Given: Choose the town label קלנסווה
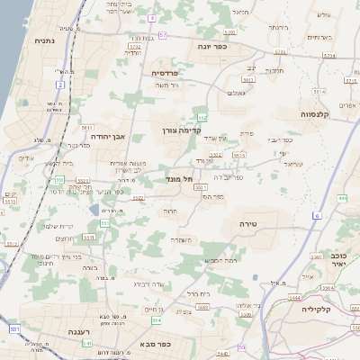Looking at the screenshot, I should pyautogui.click(x=319, y=114).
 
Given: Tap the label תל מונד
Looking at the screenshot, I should pyautogui.click(x=181, y=180).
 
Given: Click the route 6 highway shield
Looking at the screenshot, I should pyautogui.click(x=317, y=216).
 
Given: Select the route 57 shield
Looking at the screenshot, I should pyautogui.click(x=163, y=35).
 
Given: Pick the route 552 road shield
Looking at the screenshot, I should pyautogui.click(x=203, y=118).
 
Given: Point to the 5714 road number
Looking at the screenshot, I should pyautogui.click(x=329, y=55).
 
